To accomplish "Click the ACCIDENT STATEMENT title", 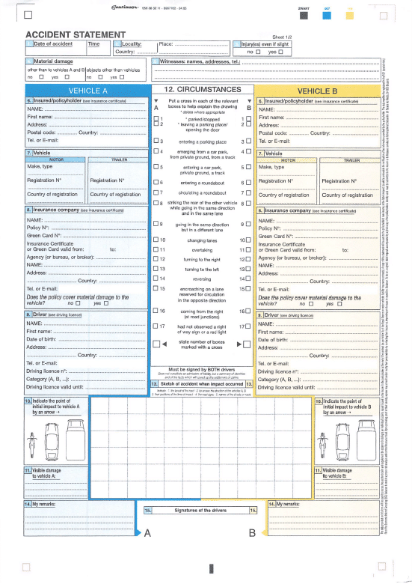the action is tap(76, 35).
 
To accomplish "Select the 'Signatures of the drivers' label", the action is tap(200, 510).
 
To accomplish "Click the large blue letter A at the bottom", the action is tap(148, 533).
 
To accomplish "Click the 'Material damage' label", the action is tap(53, 60).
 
